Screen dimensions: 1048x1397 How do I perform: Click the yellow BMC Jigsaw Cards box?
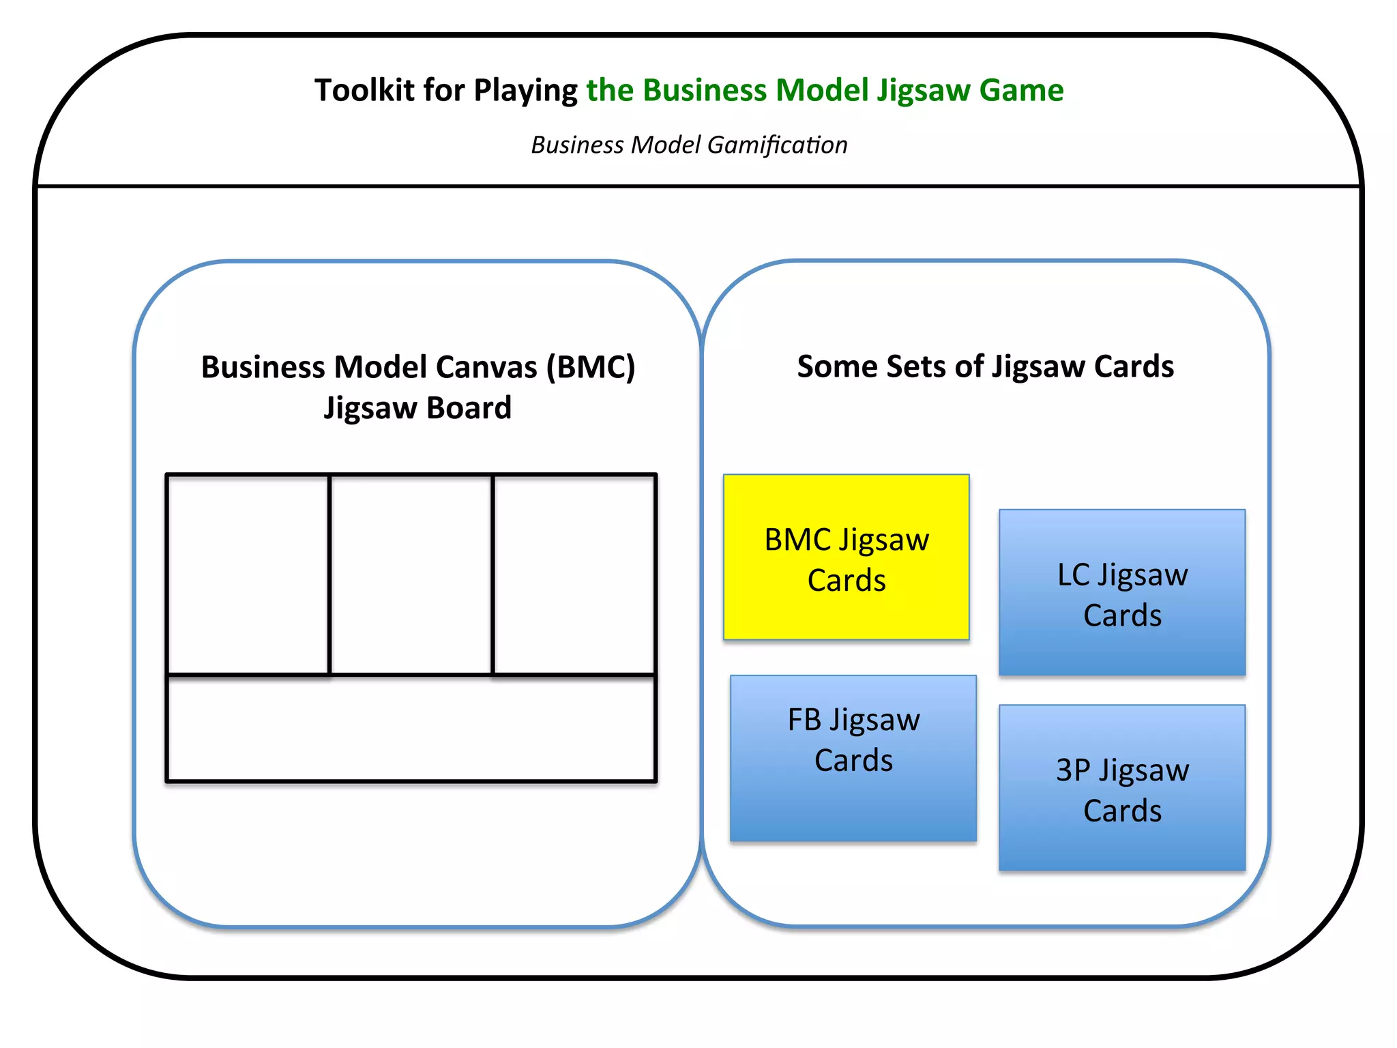coord(846,557)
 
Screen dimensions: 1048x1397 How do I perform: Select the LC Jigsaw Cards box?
coord(1122,592)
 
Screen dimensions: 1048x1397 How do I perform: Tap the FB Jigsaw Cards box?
coord(853,758)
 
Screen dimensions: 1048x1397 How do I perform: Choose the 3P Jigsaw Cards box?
coord(1122,788)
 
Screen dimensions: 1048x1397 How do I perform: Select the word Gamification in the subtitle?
coord(777,145)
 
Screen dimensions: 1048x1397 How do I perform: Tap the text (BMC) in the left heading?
coord(591,367)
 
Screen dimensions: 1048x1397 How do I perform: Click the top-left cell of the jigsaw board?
coord(248,574)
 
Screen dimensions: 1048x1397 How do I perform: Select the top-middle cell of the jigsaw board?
coord(411,574)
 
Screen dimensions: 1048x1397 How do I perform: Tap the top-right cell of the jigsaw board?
coord(574,574)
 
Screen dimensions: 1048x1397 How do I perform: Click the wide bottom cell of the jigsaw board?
coord(411,729)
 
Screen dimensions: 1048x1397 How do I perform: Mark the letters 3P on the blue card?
coord(1073,770)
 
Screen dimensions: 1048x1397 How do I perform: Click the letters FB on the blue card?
coord(804,720)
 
